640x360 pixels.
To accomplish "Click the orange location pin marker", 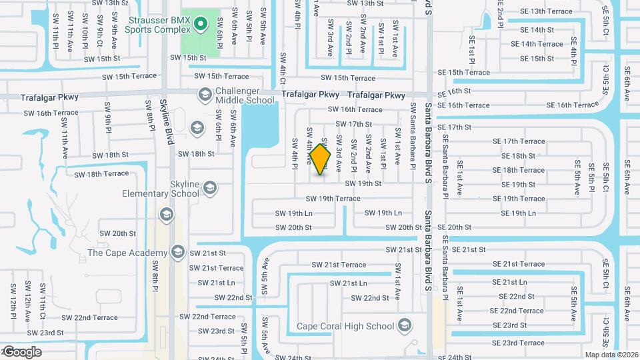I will pyautogui.click(x=321, y=159).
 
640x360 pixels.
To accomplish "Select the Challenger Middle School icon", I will pyautogui.click(x=203, y=96).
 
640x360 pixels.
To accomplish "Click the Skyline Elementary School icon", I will pyautogui.click(x=210, y=187).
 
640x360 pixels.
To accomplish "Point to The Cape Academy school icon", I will pyautogui.click(x=177, y=252).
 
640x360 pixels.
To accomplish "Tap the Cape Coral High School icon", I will pyautogui.click(x=403, y=326).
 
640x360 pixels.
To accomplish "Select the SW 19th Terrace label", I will pyautogui.click(x=333, y=199).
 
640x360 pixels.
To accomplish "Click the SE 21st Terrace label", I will pyautogui.click(x=519, y=264).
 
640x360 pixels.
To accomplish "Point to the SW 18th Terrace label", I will pyautogui.click(x=102, y=174).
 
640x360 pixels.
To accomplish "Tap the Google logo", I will pyautogui.click(x=22, y=352).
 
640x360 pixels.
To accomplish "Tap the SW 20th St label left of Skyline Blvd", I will pyautogui.click(x=118, y=234).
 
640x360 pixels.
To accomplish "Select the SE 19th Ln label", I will pyautogui.click(x=518, y=213).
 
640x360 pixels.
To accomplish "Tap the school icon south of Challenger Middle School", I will pyautogui.click(x=197, y=127).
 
